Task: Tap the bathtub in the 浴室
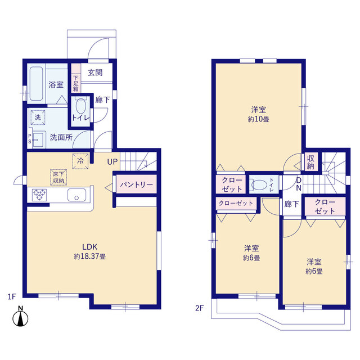point(36,84)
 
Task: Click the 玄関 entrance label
point(95,73)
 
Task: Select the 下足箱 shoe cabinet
point(76,78)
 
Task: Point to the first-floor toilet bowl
point(80,106)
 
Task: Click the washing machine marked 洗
point(38,118)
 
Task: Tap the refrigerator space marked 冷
point(80,161)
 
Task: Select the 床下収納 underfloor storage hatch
point(58,177)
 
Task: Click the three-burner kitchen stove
point(39,195)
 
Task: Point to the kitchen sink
point(76,195)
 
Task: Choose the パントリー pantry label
point(136,184)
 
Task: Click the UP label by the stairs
point(112,162)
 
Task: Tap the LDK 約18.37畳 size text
point(90,256)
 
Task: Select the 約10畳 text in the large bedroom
point(258,119)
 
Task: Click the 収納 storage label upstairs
point(310,162)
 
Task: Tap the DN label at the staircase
point(299,184)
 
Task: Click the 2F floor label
point(199,308)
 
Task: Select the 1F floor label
point(12,296)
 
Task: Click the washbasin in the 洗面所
point(38,139)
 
